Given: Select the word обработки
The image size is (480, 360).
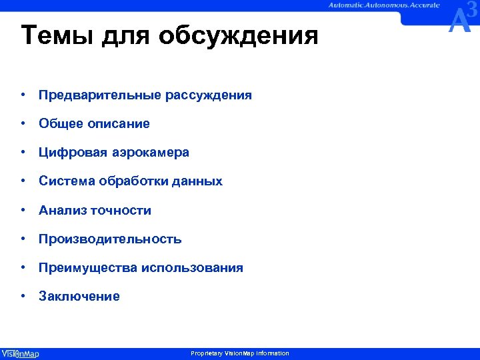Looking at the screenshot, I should (130, 181).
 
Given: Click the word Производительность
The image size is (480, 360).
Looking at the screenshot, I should (110, 239).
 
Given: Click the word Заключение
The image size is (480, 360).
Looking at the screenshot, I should (79, 297).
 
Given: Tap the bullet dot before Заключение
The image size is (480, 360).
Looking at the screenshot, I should (23, 297).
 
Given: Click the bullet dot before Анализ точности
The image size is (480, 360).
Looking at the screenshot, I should (23, 211).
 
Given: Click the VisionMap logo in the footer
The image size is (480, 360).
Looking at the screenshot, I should (20, 353).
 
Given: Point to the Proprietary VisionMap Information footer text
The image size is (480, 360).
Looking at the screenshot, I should (240, 353).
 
